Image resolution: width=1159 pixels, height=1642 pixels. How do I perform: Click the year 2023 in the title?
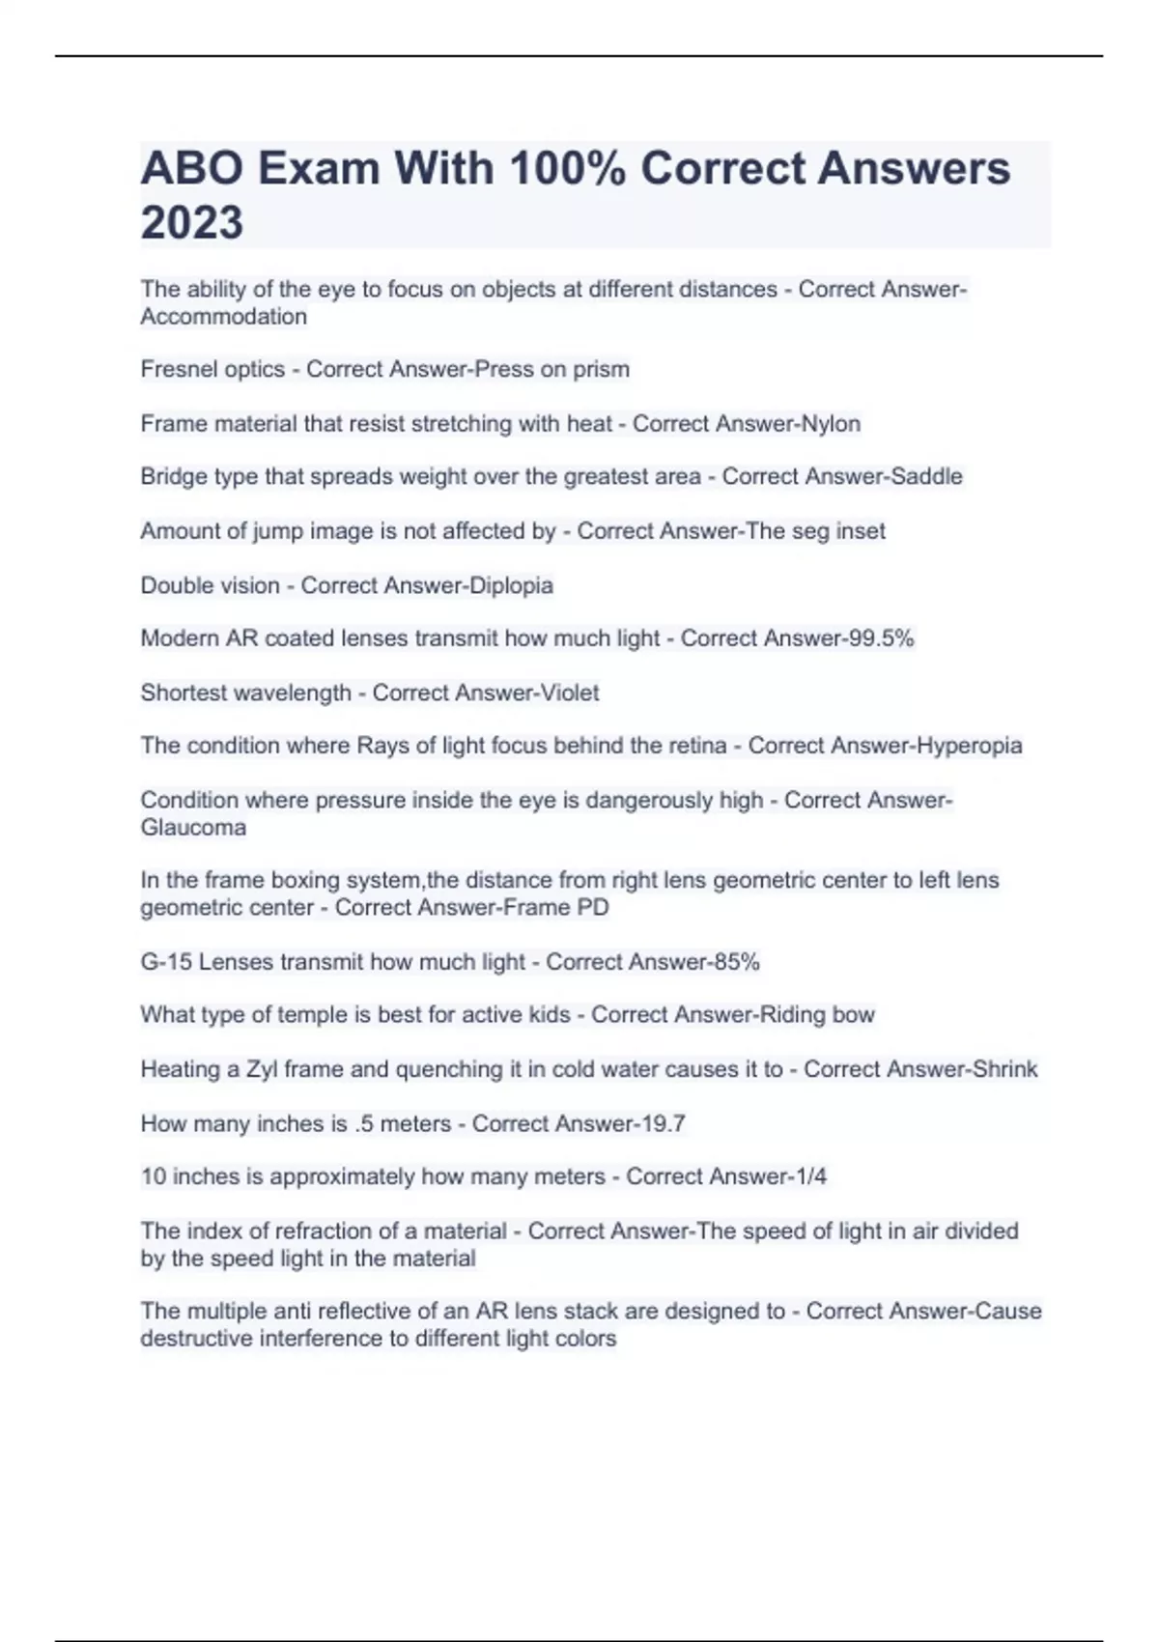point(191,222)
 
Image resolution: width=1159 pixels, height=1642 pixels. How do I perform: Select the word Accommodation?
point(223,317)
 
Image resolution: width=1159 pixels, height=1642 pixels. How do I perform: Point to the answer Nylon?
point(832,423)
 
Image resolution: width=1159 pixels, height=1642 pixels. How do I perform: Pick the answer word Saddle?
point(927,476)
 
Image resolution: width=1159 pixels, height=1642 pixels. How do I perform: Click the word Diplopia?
point(510,585)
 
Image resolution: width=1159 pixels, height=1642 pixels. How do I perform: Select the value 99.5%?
point(879,638)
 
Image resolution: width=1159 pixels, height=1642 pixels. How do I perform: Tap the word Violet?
point(566,693)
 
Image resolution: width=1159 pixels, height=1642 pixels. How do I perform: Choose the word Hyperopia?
point(969,746)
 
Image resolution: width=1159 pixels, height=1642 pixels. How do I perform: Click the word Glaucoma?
point(193,828)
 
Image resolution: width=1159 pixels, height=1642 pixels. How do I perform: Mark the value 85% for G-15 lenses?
point(735,962)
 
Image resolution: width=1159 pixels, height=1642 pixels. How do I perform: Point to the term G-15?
point(166,962)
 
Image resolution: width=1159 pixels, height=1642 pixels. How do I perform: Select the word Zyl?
point(262,1069)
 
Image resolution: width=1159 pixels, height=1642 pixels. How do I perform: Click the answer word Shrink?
point(1004,1069)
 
